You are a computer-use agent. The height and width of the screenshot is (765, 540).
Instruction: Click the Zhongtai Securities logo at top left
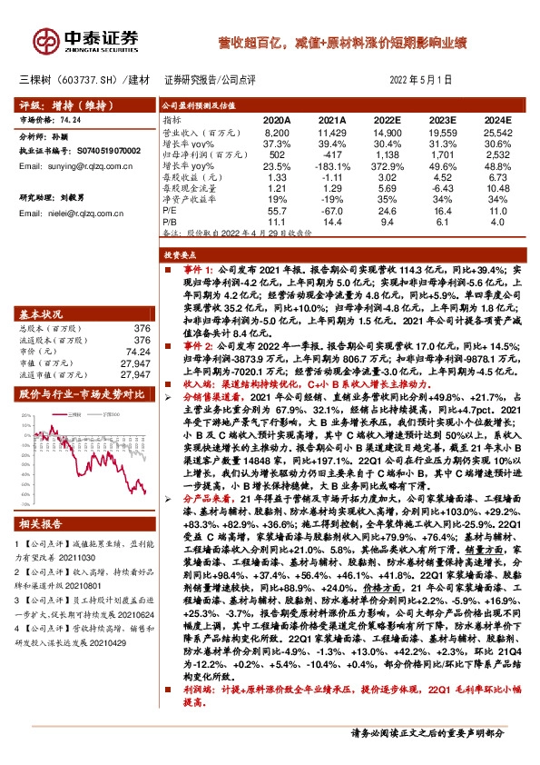coord(86,41)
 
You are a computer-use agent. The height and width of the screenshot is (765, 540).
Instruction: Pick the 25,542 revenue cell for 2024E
coord(499,133)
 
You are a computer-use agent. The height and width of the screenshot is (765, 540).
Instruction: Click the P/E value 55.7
coord(277,210)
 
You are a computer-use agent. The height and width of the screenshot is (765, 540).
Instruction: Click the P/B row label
coord(170,221)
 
